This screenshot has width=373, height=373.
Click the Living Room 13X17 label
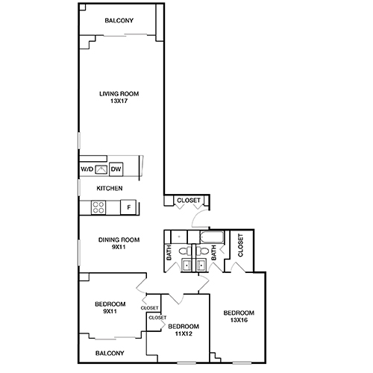[119, 98]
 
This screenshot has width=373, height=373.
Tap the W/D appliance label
[87, 170]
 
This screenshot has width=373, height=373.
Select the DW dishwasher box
[116, 170]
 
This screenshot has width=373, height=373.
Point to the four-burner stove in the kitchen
[98, 207]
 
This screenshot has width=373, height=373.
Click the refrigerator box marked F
[128, 207]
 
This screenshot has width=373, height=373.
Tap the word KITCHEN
[109, 189]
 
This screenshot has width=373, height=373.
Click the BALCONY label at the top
[119, 21]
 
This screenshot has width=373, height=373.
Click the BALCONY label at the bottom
[110, 353]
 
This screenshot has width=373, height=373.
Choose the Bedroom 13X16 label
[239, 316]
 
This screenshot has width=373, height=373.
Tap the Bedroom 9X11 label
[110, 307]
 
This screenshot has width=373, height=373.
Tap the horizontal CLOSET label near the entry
[186, 201]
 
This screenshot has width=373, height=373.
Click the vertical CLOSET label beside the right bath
[240, 245]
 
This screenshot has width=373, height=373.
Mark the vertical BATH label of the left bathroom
[169, 254]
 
